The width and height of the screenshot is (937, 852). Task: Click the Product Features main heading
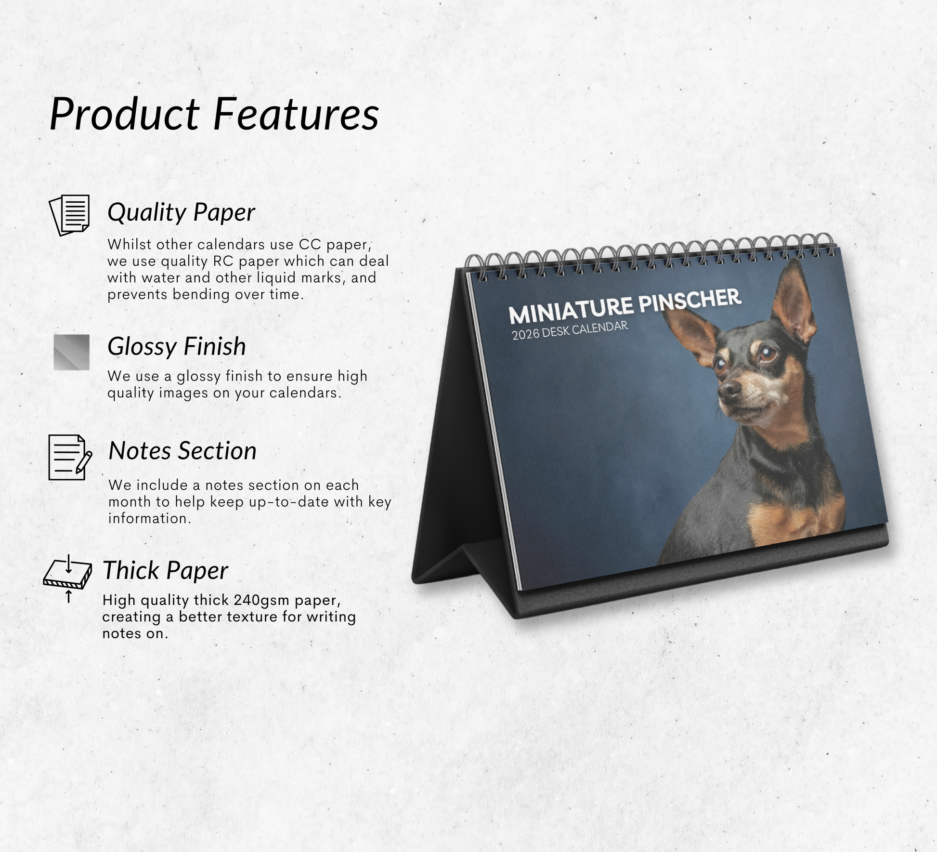point(214,114)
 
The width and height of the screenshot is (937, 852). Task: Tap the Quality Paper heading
point(181,212)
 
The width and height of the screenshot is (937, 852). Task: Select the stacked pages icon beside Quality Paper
point(69,215)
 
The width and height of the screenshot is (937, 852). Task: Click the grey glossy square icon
point(71,352)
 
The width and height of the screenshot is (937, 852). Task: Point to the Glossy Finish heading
point(177,346)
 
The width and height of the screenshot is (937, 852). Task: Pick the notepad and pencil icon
point(70,457)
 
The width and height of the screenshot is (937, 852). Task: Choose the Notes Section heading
point(182,451)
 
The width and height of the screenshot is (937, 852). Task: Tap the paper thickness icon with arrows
point(68,577)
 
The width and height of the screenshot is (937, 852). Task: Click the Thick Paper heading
point(165,571)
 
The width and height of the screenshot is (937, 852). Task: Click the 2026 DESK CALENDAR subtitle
point(570,330)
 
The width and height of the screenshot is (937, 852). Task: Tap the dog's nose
point(729,389)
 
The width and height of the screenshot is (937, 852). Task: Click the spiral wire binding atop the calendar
point(650,257)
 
